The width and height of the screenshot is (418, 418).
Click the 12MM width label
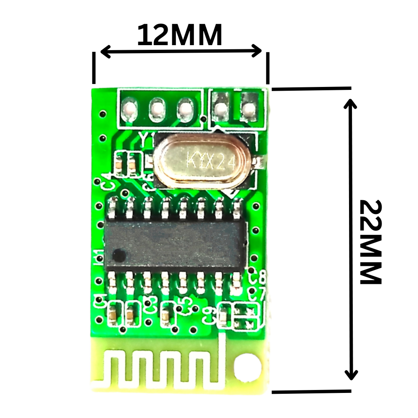click(x=180, y=36)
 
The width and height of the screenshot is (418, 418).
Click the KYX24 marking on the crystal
click(x=212, y=161)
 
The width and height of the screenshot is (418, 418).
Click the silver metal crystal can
click(x=205, y=161)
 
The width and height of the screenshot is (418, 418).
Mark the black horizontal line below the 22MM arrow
click(x=311, y=392)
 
